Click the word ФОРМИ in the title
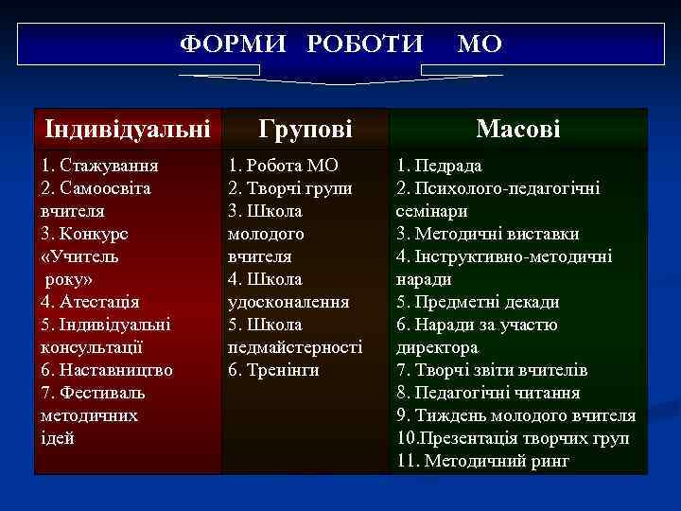221,44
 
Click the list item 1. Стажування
99,166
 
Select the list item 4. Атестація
90,302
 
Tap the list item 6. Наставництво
107,370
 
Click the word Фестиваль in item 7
101,393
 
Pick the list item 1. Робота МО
283,166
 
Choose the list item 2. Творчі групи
290,188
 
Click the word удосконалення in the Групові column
288,302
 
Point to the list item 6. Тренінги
273,370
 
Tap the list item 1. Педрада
439,166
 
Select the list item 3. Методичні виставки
487,234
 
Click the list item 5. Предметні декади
478,302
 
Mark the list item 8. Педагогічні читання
488,393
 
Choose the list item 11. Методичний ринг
482,461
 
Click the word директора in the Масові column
437,347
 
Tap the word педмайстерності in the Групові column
295,347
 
